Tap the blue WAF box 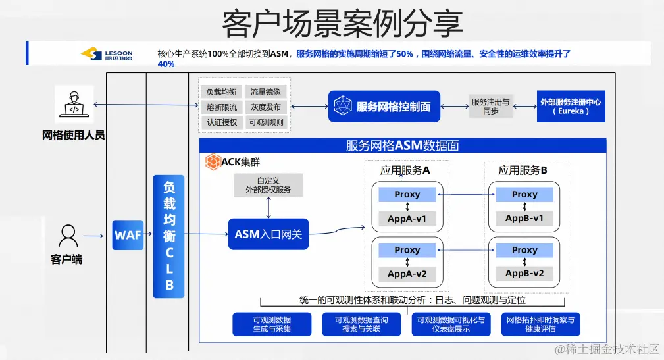click(x=128, y=235)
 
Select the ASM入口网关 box click(x=268, y=234)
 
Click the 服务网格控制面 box click(x=384, y=107)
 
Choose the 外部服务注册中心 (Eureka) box click(x=570, y=107)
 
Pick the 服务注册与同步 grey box click(x=490, y=107)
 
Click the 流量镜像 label click(x=266, y=92)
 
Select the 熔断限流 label click(x=221, y=107)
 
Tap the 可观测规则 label click(x=266, y=122)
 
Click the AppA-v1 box click(x=407, y=219)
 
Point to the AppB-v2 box click(x=524, y=274)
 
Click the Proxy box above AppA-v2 click(x=407, y=250)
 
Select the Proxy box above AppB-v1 click(x=524, y=194)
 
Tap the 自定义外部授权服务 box click(x=268, y=185)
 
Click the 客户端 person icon click(x=68, y=236)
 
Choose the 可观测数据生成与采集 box click(x=272, y=324)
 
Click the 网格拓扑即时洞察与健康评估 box click(x=540, y=324)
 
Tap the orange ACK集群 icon click(x=213, y=162)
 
